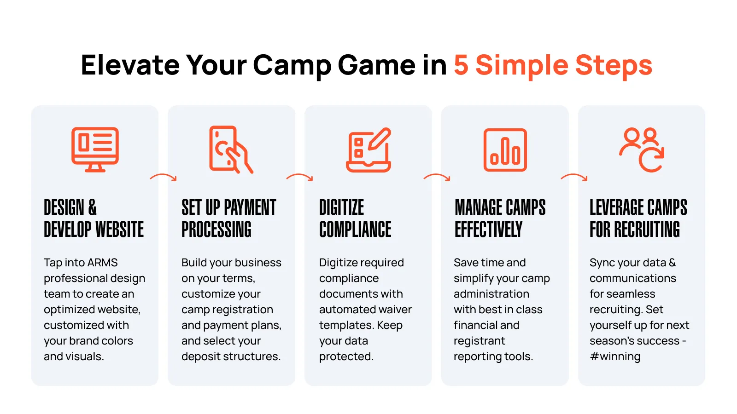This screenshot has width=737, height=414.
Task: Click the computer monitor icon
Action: click(95, 149)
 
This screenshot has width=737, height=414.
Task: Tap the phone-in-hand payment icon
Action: click(231, 149)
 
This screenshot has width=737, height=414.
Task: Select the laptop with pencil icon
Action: click(368, 150)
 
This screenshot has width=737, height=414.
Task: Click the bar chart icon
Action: click(505, 150)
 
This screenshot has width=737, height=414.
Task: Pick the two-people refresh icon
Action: click(642, 150)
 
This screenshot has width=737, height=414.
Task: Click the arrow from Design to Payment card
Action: click(164, 175)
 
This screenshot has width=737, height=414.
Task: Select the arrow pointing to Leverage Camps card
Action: click(574, 175)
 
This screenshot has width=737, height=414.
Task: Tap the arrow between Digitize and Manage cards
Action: click(437, 175)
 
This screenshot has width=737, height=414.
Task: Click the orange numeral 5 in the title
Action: click(461, 65)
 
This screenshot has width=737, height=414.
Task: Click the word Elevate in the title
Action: click(130, 65)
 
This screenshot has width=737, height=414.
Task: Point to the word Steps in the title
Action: click(614, 66)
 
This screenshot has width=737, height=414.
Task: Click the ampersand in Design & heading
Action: click(92, 207)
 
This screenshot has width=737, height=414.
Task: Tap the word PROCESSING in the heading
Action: click(216, 230)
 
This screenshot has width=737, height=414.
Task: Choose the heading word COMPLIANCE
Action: click(355, 230)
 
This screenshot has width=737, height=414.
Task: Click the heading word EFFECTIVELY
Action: click(488, 230)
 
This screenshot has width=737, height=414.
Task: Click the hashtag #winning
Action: click(615, 356)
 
